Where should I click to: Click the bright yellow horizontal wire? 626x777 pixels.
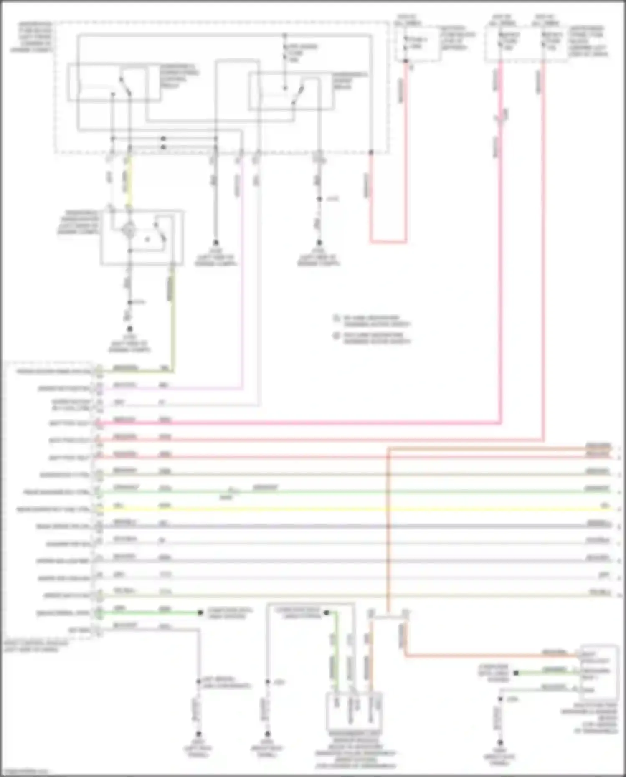click(334, 509)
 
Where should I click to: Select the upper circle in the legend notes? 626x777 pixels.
click(336, 318)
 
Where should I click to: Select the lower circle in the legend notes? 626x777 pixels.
click(336, 335)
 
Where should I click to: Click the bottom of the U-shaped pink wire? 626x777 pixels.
click(388, 241)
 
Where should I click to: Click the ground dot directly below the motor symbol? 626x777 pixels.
click(130, 329)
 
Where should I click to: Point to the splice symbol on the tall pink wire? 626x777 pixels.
click(501, 116)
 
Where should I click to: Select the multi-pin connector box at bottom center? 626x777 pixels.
click(354, 710)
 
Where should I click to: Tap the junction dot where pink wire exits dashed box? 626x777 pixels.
click(371, 152)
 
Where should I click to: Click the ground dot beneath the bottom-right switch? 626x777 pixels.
click(500, 743)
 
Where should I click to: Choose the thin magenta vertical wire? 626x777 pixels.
click(242, 271)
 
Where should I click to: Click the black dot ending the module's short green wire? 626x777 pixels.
click(200, 612)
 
